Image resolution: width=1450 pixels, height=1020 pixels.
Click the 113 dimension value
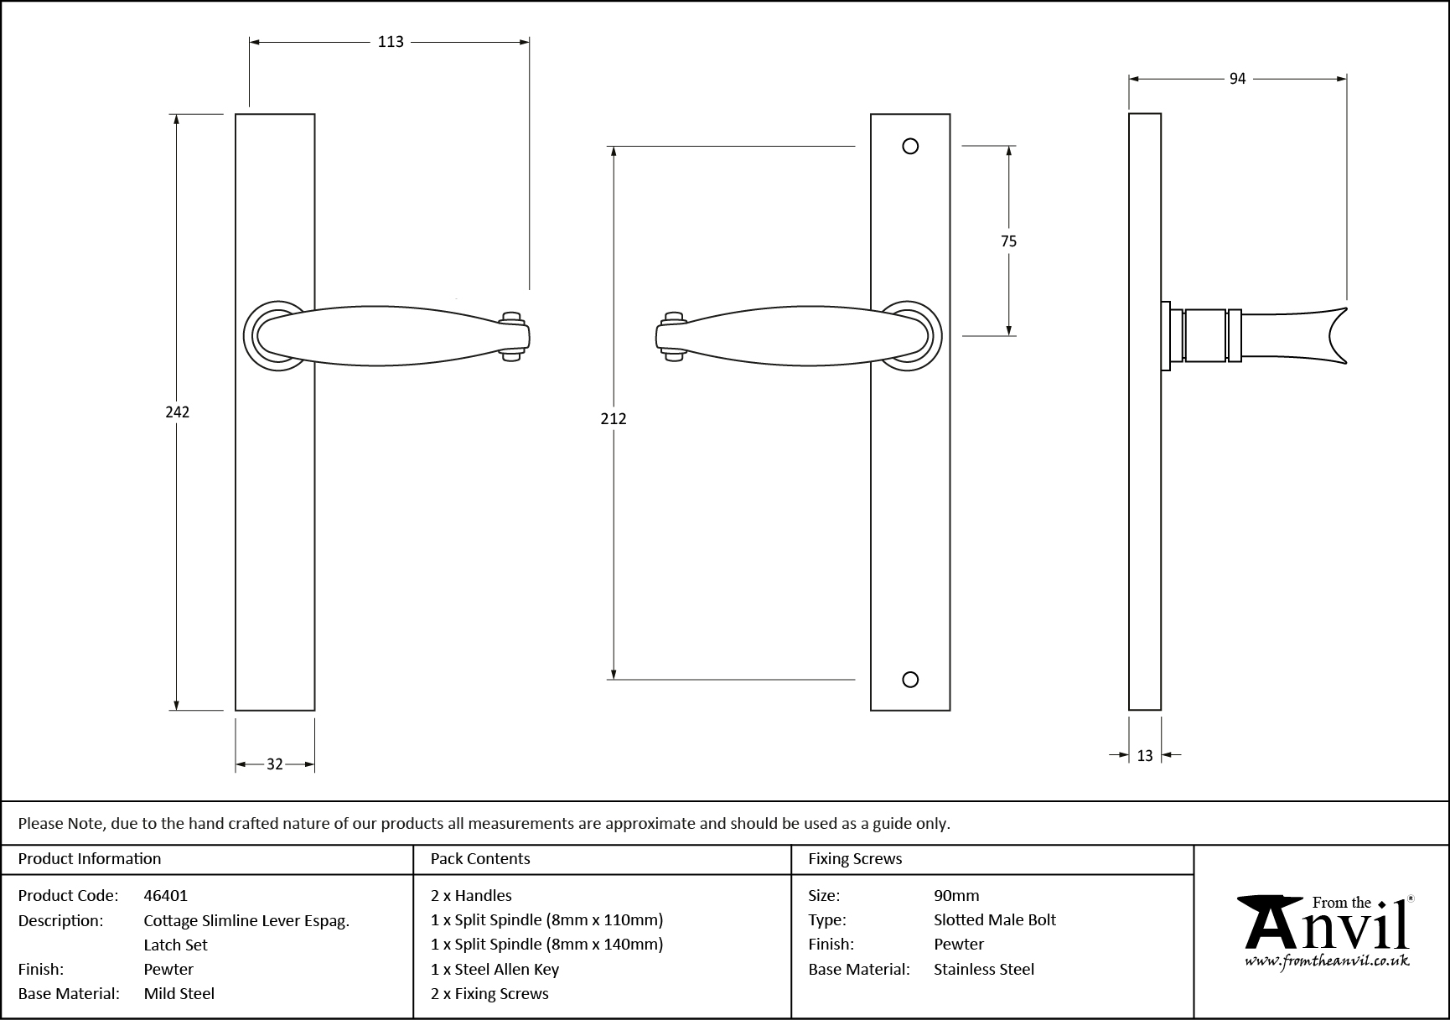click(391, 42)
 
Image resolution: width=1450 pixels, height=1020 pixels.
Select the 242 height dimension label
click(177, 412)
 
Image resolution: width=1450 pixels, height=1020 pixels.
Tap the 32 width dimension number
click(275, 764)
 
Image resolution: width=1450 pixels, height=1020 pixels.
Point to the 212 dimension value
click(614, 418)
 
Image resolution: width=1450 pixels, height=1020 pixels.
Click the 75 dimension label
click(1008, 241)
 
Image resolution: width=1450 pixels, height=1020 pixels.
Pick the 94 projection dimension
click(1237, 79)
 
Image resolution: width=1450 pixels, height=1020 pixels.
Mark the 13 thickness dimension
click(1145, 756)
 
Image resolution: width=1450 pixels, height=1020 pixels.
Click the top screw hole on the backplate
click(910, 147)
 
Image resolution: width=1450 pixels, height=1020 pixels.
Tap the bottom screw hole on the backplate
click(910, 679)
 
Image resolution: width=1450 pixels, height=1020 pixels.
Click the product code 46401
click(166, 895)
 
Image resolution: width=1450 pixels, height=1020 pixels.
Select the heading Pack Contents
click(480, 859)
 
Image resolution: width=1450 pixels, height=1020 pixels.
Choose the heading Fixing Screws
click(855, 859)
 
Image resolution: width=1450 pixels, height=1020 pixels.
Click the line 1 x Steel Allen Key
click(495, 969)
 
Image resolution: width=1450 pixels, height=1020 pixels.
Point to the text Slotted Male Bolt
click(995, 919)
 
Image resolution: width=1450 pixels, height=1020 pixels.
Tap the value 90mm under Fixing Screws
click(956, 895)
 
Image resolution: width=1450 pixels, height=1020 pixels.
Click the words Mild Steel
click(179, 993)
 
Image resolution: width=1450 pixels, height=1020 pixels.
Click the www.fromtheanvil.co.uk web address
click(1327, 961)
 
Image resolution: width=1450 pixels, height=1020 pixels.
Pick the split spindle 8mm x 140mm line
click(546, 945)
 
